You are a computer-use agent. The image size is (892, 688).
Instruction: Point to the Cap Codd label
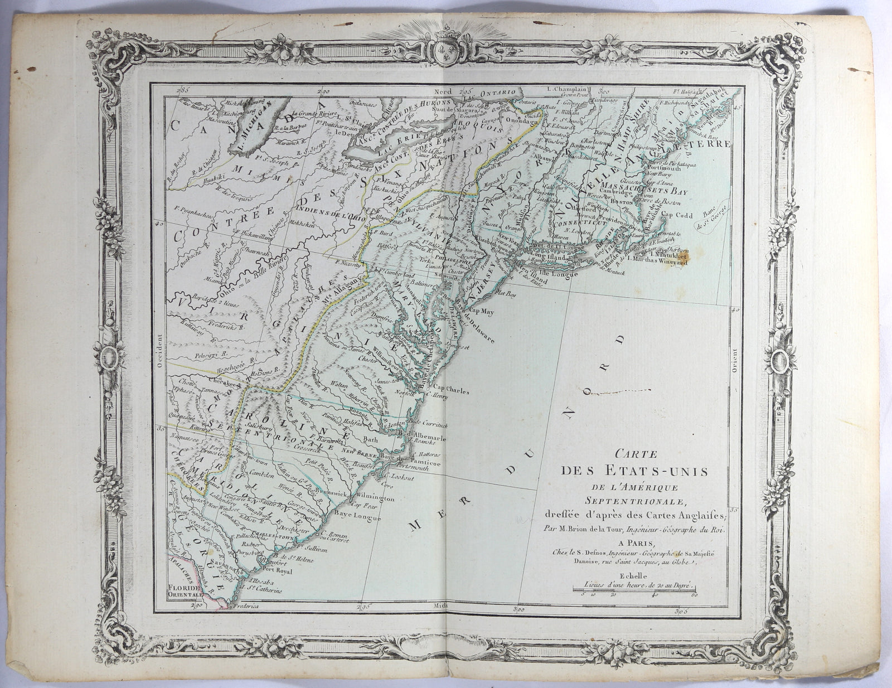(677, 213)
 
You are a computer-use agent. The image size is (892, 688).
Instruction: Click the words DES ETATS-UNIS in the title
(634, 471)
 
